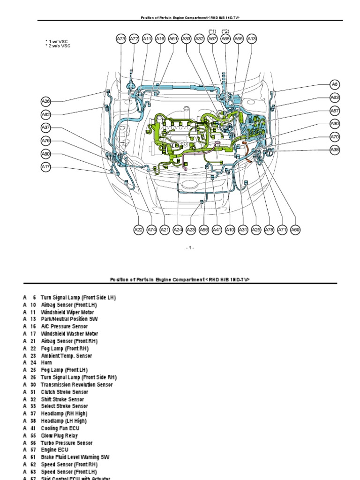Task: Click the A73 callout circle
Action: coord(121,39)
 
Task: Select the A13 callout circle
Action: coord(252,39)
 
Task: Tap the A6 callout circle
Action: coord(334,84)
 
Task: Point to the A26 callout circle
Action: coord(45,101)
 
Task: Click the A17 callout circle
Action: coord(45,166)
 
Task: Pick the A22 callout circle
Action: coord(138,230)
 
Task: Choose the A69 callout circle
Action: coord(295,230)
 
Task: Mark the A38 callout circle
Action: coord(334,150)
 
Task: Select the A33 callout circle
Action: coord(187,39)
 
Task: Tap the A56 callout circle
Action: coord(204,230)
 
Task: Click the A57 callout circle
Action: coord(334,111)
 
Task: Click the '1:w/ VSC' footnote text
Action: coord(60,42)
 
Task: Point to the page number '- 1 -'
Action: coord(189,248)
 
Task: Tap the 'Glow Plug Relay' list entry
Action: coord(60,435)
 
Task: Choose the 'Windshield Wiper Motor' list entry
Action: coord(67,312)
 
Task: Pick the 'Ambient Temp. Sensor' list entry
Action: coord(67,356)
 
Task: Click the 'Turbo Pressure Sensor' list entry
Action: coord(67,443)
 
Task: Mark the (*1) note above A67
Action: coord(212,31)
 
